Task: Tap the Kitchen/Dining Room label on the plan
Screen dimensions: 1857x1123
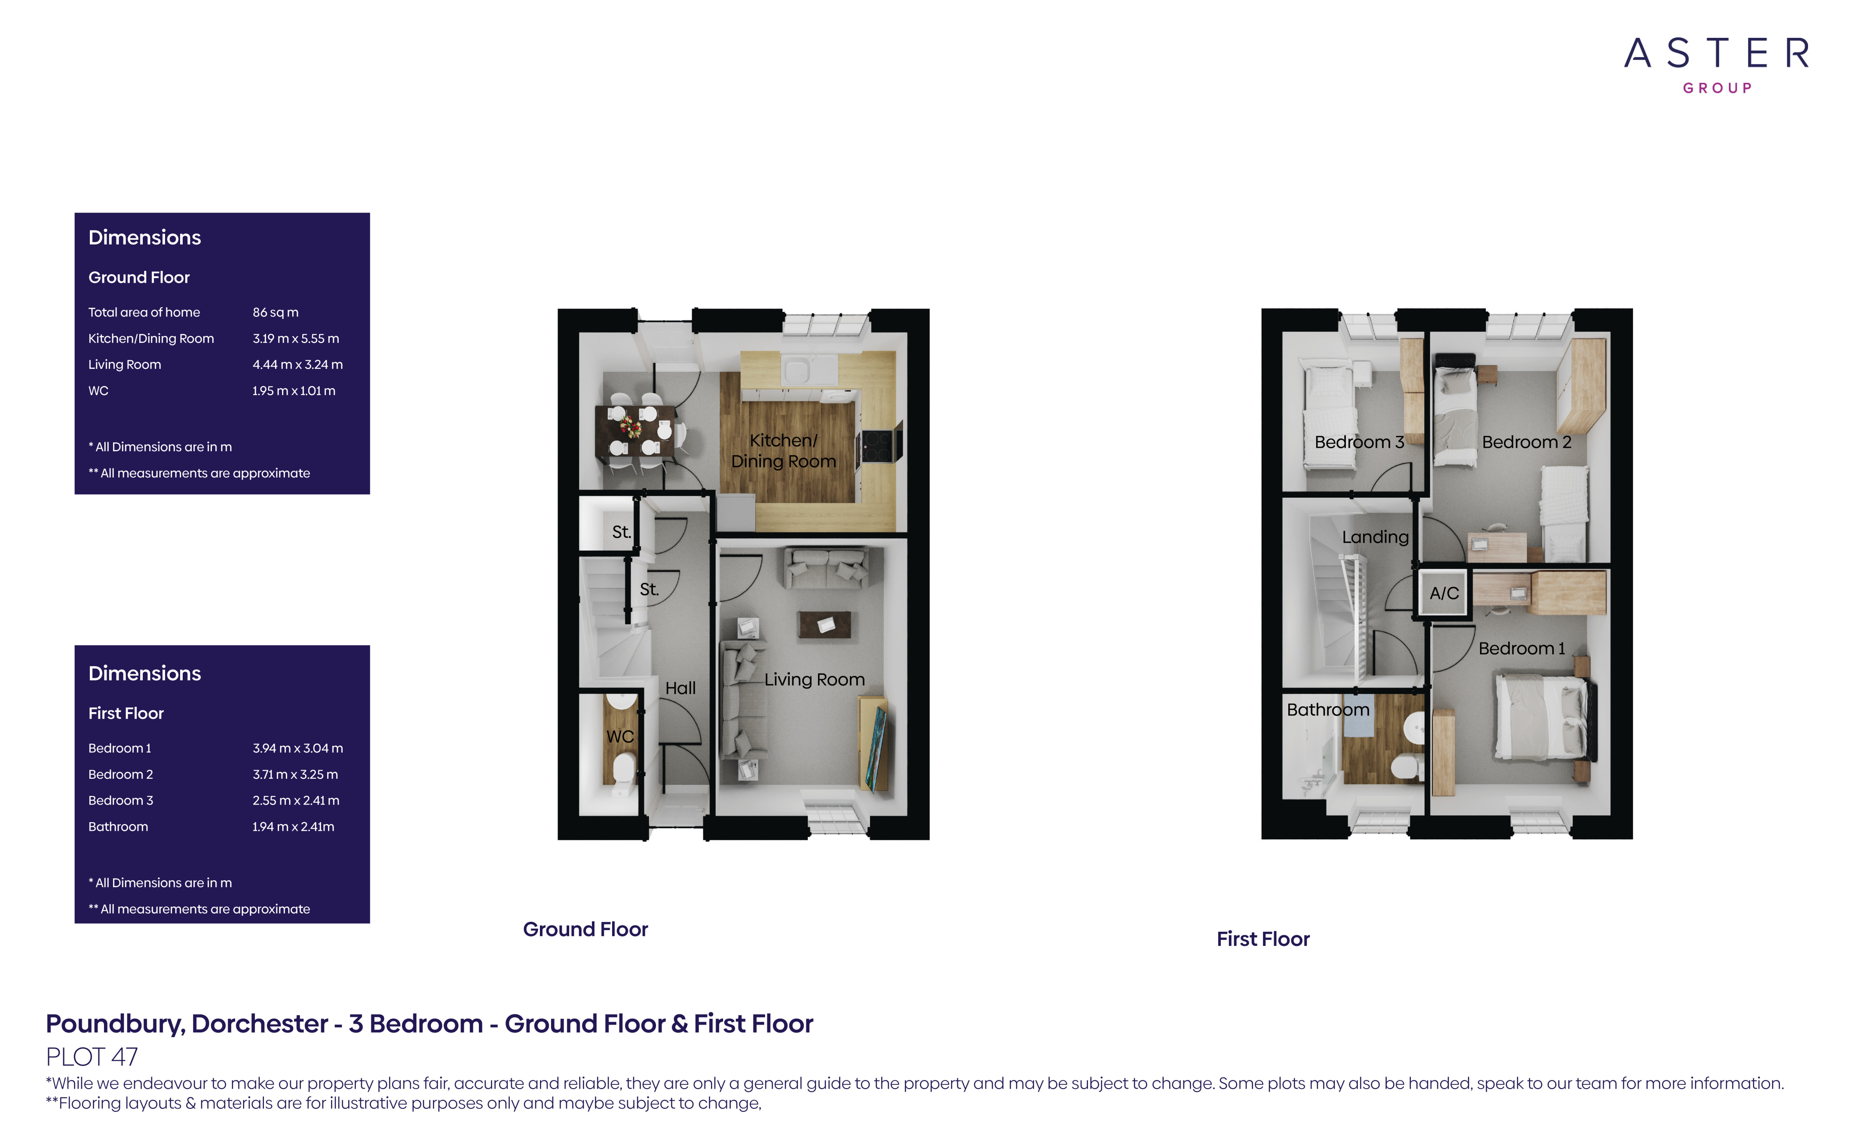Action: coord(783,451)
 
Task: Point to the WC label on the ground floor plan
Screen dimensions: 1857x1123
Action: coord(620,736)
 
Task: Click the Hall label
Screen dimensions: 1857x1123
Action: coord(680,688)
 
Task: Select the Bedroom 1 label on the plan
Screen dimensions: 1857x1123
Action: coord(1522,648)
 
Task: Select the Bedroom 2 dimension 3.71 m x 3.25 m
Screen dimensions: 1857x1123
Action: coord(295,774)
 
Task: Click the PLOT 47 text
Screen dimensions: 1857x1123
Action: coord(92,1057)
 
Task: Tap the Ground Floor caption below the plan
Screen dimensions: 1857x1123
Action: coord(585,929)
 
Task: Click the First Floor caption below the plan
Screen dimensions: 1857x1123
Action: coord(1263,939)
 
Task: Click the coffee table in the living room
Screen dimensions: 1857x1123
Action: coord(825,625)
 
